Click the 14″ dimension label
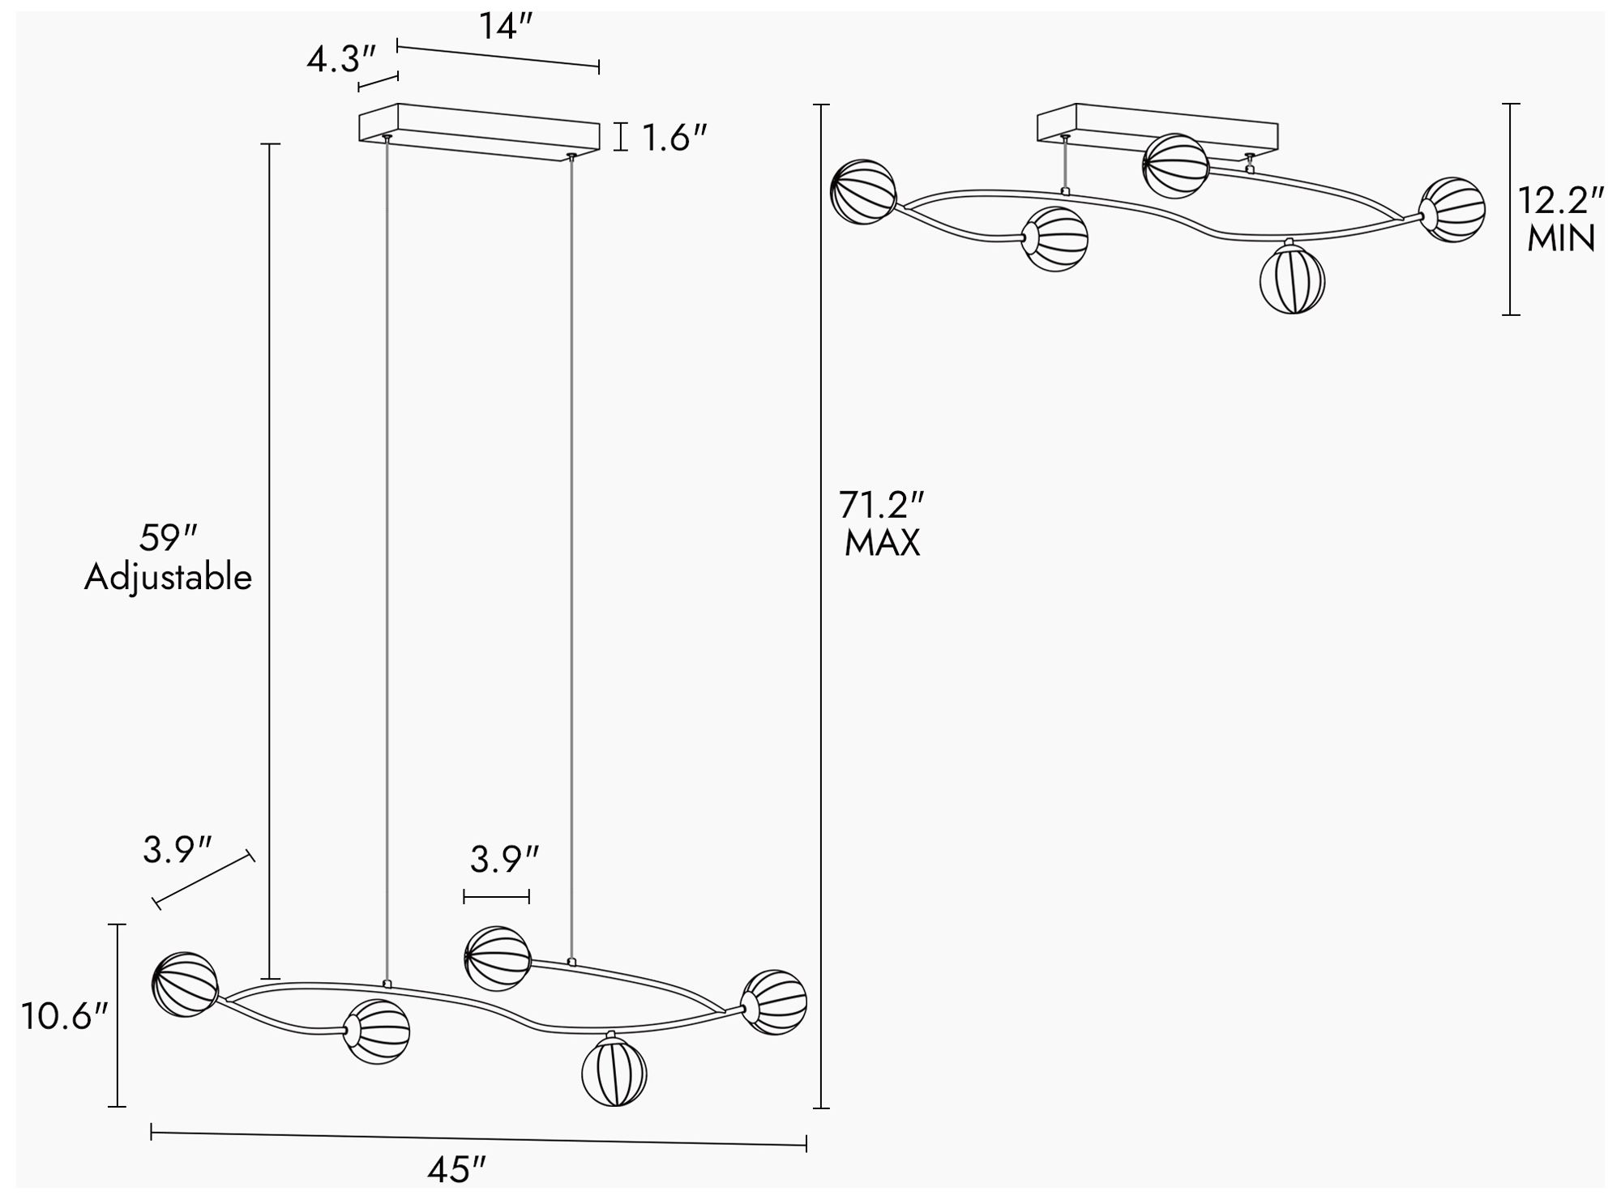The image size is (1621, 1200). point(504,27)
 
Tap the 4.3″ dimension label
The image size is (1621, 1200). point(341,60)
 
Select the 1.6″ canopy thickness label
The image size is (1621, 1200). point(675,139)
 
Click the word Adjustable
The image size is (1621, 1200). point(169,578)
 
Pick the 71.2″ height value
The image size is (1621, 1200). point(882,506)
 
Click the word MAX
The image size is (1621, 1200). point(882,543)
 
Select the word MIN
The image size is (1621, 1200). point(1561,239)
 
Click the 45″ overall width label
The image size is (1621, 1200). point(457,1170)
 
